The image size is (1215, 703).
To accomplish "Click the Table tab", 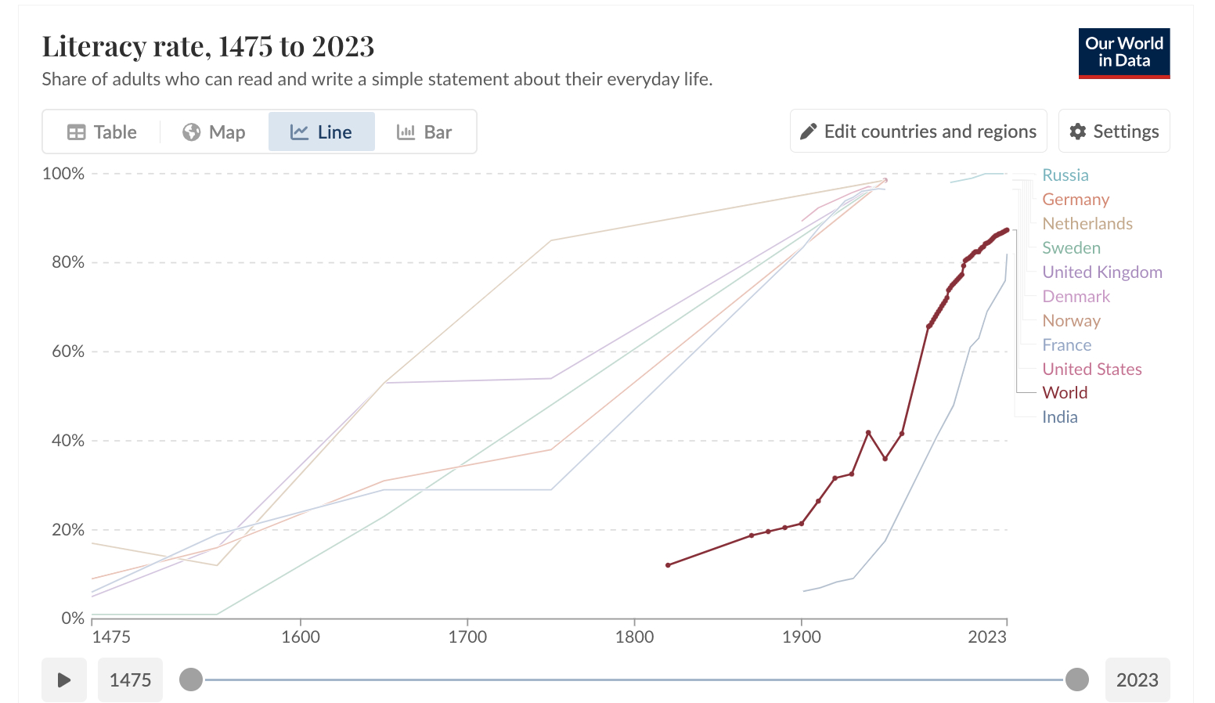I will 102,132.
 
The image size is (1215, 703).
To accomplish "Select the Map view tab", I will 214,132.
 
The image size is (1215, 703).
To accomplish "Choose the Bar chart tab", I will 424,132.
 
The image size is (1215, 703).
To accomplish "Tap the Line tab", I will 321,132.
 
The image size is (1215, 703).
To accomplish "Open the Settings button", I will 1113,132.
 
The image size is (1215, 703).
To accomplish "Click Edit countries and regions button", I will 918,132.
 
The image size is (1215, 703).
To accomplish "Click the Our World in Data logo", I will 1123,53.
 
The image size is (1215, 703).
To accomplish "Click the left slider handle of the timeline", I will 191,680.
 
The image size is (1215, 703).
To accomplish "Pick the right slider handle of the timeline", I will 1077,680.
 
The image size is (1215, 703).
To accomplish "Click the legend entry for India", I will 1059,417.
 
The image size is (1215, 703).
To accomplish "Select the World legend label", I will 1064,393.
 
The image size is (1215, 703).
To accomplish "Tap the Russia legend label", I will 1065,175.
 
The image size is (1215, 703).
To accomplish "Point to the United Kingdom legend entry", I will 1101,272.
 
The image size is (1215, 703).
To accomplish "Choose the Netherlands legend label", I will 1087,224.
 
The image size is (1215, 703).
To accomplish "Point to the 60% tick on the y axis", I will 68,351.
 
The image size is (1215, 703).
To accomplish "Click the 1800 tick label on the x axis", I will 634,636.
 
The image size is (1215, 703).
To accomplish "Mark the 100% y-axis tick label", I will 63,174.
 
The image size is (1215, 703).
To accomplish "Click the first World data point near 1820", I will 668,565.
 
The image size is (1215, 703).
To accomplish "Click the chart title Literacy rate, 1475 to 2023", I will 208,47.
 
